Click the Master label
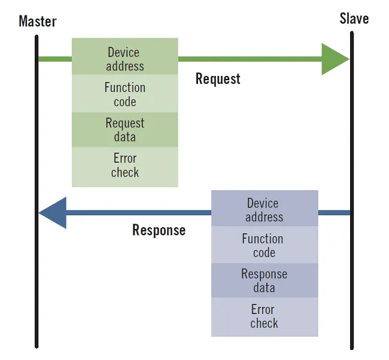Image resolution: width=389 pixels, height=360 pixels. [x=38, y=22]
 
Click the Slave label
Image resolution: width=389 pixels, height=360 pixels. [x=354, y=19]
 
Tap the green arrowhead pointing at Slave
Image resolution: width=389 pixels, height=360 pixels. [x=335, y=59]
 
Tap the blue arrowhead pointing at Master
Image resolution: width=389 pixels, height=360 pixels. [x=53, y=213]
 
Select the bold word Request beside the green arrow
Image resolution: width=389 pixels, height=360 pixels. [x=218, y=79]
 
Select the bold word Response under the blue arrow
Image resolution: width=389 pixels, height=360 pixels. [x=159, y=230]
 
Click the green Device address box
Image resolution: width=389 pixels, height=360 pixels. [x=125, y=56]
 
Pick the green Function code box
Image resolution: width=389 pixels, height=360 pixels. [x=125, y=94]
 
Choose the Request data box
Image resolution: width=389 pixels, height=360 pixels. [x=125, y=130]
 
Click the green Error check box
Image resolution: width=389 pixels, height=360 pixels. [x=125, y=167]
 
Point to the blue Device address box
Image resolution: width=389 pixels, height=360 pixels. [x=265, y=208]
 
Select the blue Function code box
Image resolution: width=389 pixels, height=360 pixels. [x=265, y=245]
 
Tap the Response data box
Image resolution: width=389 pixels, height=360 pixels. [x=265, y=280]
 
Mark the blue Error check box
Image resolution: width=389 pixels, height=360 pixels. [x=265, y=317]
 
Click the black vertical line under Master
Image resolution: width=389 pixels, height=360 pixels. [x=37, y=191]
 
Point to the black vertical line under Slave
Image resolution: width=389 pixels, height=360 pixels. [x=352, y=190]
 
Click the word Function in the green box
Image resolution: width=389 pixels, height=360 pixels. [x=125, y=87]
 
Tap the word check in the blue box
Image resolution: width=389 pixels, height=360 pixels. [x=264, y=324]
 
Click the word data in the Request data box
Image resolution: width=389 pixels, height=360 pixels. [x=125, y=137]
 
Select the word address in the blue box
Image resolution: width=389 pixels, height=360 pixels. [x=264, y=217]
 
